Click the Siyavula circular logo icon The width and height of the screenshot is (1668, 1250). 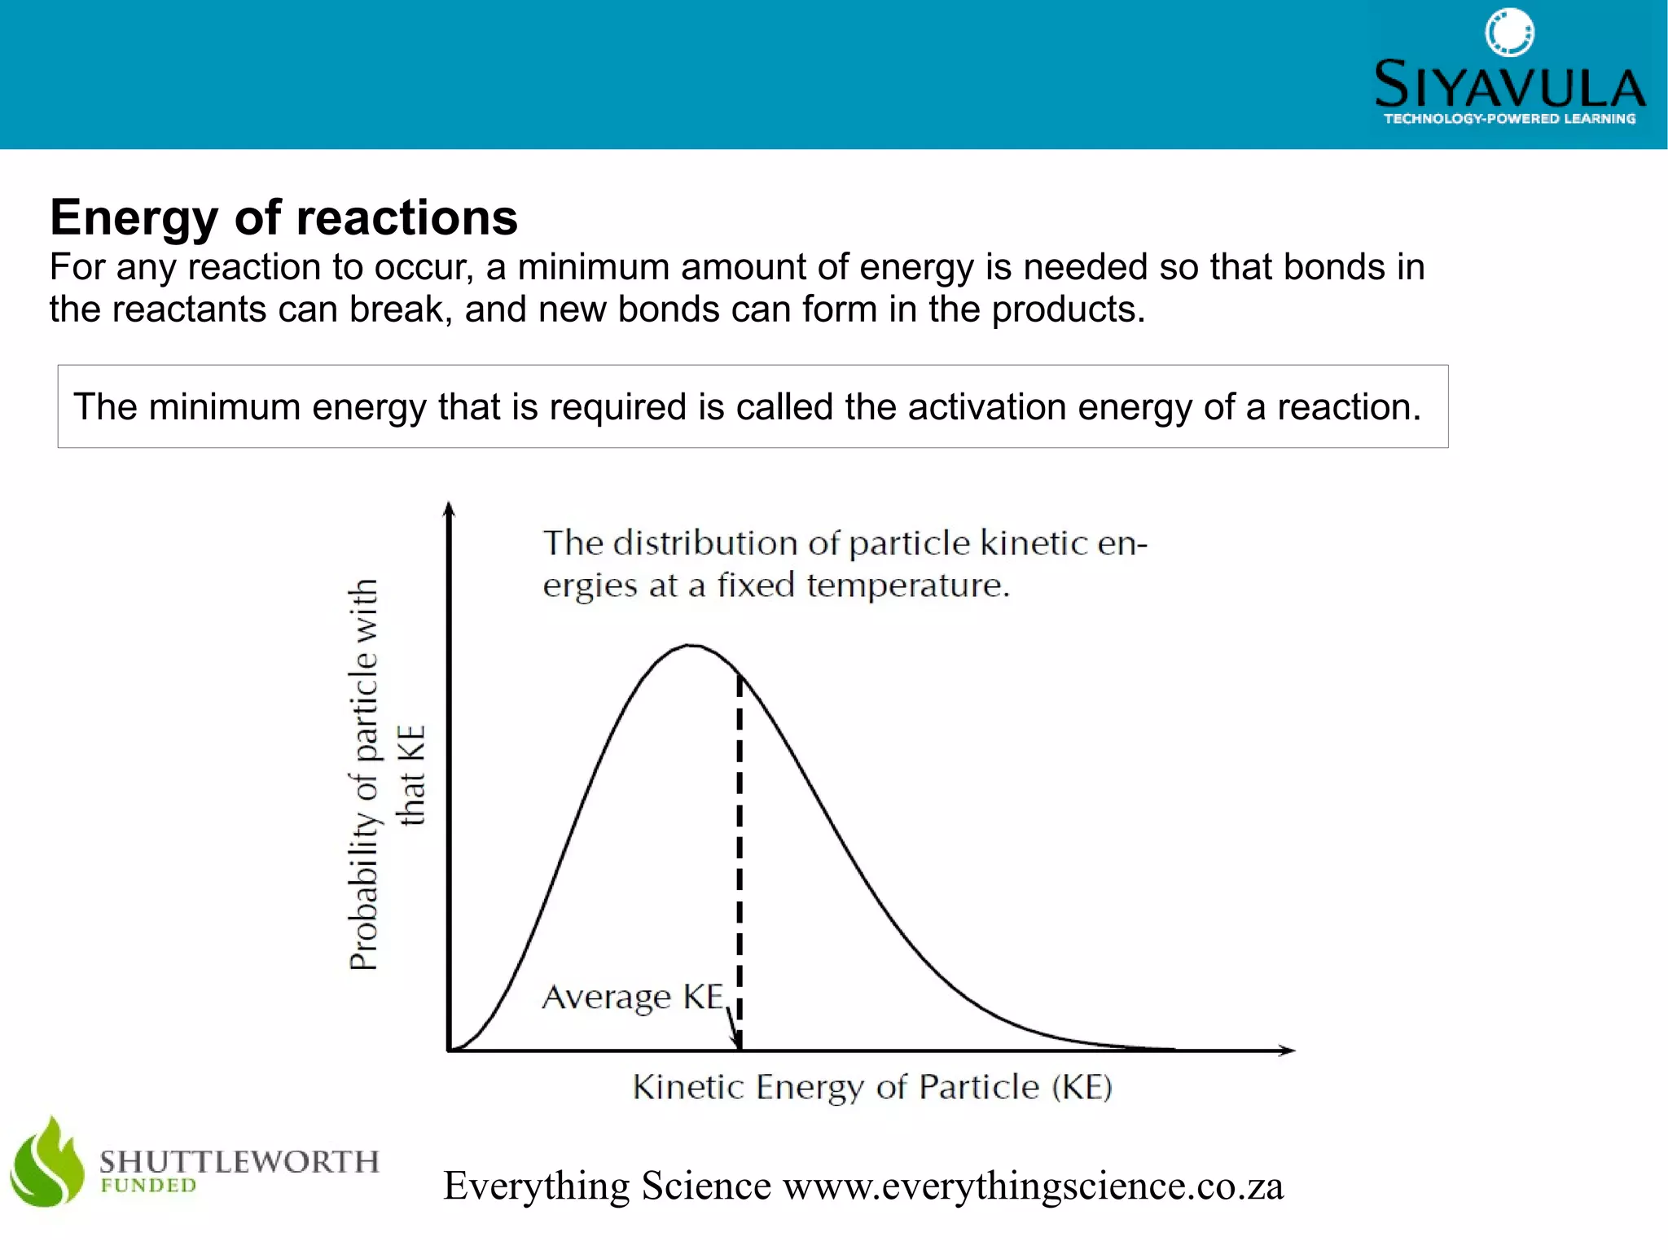click(x=1509, y=33)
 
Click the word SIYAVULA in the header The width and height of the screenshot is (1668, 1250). click(x=1509, y=85)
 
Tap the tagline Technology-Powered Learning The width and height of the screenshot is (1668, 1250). click(x=1509, y=119)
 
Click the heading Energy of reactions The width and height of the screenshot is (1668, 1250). click(x=283, y=217)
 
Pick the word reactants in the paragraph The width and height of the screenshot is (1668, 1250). click(x=189, y=309)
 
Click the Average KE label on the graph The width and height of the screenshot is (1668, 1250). click(x=633, y=997)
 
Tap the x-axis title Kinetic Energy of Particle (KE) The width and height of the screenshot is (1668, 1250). click(x=871, y=1087)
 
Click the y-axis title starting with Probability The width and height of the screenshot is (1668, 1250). click(x=364, y=774)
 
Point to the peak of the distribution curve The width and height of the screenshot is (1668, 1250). click(x=691, y=646)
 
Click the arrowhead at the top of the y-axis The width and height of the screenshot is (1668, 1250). click(x=449, y=510)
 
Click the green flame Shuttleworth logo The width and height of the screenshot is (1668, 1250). click(x=47, y=1163)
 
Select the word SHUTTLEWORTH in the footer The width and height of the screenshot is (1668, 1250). click(x=239, y=1161)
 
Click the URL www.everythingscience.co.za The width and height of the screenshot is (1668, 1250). click(x=1033, y=1186)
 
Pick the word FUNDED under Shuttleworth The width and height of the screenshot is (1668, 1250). click(x=148, y=1186)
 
